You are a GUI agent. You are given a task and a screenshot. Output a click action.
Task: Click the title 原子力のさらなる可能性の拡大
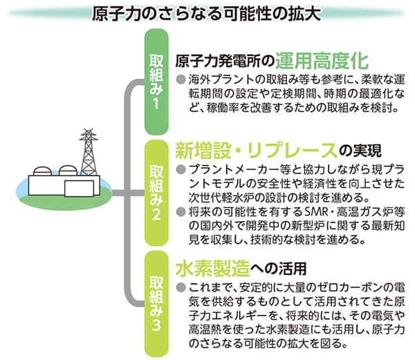point(207,13)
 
